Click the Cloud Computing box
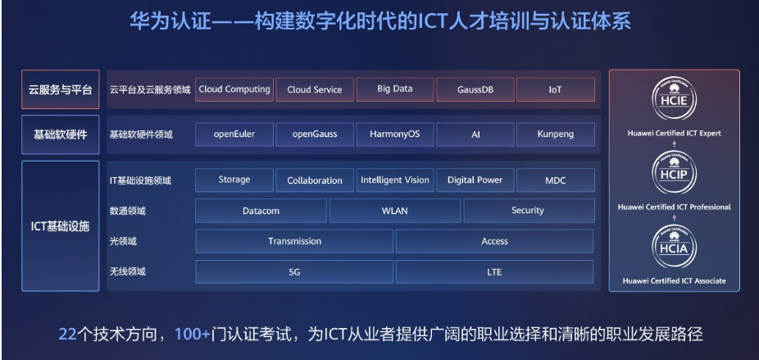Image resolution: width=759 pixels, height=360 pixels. pos(234,89)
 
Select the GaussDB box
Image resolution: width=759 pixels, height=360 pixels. pos(475,89)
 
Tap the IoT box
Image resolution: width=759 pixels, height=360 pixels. pos(556,89)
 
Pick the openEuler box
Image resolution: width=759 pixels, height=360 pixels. pos(234,134)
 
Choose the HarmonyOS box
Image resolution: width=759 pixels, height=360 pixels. pos(395,134)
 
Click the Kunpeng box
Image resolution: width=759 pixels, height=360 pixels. pos(556,134)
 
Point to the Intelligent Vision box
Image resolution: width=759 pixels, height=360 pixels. pos(395,180)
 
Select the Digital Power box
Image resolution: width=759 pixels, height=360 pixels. pos(475,180)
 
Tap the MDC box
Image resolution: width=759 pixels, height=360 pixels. pos(556,180)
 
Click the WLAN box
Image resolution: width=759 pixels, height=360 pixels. pos(395,211)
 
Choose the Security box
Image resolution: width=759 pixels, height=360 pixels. pos(529,211)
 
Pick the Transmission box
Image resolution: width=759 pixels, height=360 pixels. pos(294,241)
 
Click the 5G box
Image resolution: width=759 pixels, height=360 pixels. pos(294,271)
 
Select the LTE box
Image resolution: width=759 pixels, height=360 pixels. pos(494,271)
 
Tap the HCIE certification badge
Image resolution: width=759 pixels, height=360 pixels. pos(675,99)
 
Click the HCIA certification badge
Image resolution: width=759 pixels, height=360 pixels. pos(675,247)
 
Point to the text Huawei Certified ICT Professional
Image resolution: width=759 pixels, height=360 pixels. pos(675,207)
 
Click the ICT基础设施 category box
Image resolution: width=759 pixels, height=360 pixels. pos(61,226)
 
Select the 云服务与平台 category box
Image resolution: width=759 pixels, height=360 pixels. pos(61,89)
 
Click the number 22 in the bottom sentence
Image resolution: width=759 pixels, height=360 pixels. pos(68,335)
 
